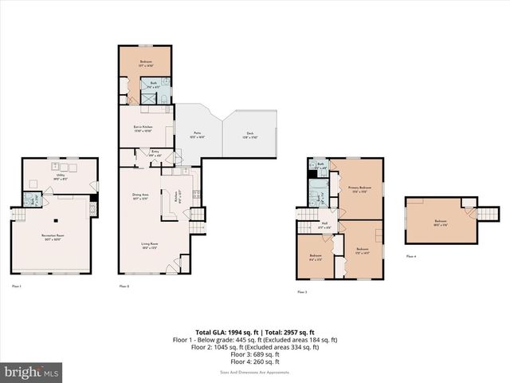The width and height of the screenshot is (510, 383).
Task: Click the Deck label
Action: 249,135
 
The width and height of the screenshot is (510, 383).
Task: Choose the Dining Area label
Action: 139,195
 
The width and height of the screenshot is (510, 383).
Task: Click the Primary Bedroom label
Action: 360,189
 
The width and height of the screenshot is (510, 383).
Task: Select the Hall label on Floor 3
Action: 324,225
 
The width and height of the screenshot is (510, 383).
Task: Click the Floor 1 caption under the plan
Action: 17,285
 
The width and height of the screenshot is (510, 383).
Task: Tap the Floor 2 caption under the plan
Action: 124,285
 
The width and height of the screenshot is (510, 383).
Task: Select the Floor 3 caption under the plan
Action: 303,293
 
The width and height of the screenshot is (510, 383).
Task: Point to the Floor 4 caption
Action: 410,256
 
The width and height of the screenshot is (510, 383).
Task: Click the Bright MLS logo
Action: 32,372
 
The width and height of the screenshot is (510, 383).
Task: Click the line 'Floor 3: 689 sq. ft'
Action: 255,354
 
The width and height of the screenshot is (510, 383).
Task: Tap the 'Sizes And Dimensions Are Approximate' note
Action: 255,371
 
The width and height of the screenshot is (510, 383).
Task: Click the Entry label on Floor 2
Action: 155,153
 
